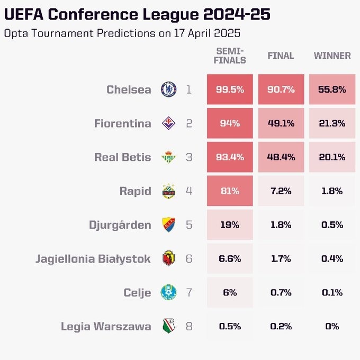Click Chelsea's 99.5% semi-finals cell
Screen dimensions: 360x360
[x=230, y=89]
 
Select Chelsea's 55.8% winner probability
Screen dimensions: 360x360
[x=332, y=89]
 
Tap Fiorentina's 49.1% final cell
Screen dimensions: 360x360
[x=281, y=123]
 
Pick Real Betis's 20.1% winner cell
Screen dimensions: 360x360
[x=332, y=157]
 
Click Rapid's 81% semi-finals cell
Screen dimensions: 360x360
[x=230, y=191]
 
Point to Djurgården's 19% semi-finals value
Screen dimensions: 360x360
[x=230, y=225]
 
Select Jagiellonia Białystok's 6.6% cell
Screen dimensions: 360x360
[x=230, y=259]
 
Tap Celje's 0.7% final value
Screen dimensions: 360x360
[x=281, y=293]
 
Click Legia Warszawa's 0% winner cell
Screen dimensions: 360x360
[x=332, y=327]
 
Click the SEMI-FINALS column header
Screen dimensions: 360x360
[x=230, y=56]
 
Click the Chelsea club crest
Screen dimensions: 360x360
[x=168, y=89]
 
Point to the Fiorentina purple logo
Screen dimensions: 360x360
[x=168, y=123]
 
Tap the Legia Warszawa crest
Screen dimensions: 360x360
[x=168, y=327]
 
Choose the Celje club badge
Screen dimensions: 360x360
[x=168, y=293]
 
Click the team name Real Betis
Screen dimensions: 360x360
[x=122, y=157]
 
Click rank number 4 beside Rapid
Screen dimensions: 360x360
[x=189, y=191]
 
